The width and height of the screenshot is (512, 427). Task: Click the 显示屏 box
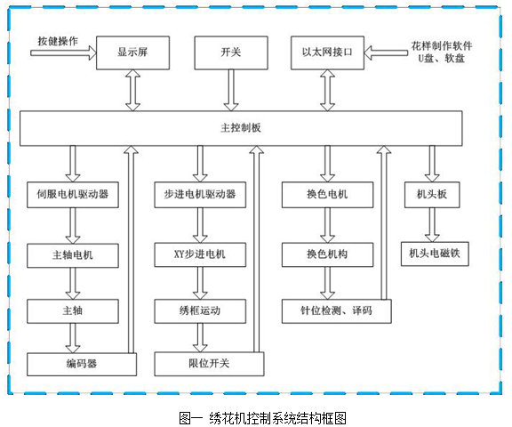(133, 52)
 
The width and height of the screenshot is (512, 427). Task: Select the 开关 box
(231, 52)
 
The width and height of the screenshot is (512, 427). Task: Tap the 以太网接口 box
(327, 52)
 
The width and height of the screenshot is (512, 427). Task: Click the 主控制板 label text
(241, 128)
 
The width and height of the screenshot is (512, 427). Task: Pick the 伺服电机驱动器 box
(73, 195)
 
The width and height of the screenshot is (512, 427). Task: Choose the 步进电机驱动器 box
(200, 195)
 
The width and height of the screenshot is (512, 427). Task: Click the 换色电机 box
(327, 195)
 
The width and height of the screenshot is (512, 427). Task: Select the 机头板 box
(432, 195)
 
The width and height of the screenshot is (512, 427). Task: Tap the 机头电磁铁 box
(435, 254)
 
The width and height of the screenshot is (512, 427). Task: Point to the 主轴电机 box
(73, 255)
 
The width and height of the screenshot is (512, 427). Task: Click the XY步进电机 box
(200, 254)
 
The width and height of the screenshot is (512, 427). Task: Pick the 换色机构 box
(327, 254)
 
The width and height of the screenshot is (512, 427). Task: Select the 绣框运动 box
(200, 311)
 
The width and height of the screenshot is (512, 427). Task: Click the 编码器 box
(82, 364)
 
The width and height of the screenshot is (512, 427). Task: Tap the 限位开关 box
(209, 364)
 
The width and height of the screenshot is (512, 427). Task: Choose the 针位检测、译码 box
(337, 311)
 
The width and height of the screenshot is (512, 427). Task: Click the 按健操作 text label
(58, 41)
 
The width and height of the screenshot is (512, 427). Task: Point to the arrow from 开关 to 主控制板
(231, 90)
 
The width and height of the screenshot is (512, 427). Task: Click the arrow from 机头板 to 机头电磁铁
(432, 225)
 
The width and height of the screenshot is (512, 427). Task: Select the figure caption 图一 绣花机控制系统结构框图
(262, 418)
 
